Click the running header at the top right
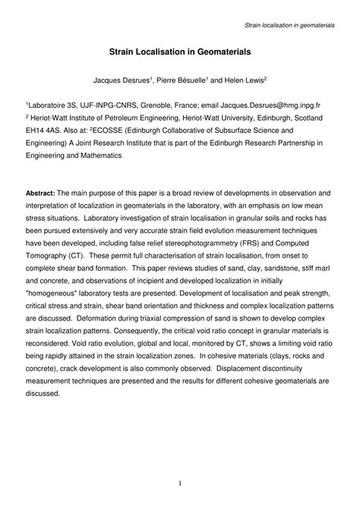point(289,26)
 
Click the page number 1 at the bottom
point(179,482)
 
